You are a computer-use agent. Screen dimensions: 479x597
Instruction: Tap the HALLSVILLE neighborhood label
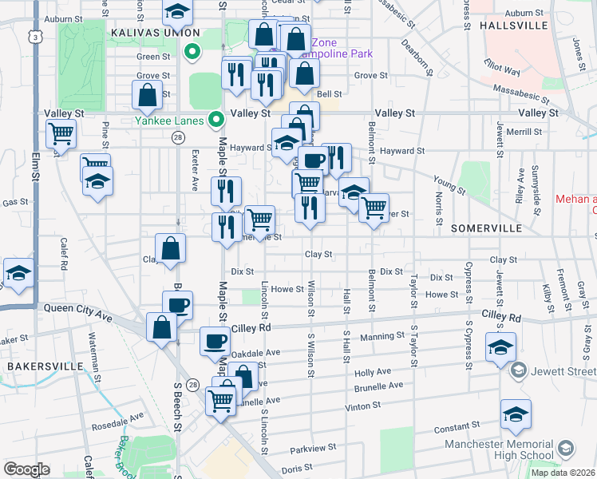click(x=514, y=26)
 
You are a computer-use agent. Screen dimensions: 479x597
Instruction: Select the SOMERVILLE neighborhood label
click(x=485, y=228)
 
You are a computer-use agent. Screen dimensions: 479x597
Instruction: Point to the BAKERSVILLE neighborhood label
click(x=45, y=366)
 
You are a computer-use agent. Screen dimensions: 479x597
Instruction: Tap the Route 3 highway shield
click(x=34, y=37)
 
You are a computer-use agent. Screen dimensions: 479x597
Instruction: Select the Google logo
click(x=26, y=469)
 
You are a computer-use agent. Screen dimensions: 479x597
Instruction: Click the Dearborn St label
click(x=417, y=57)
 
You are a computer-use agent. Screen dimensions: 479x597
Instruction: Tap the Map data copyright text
click(x=562, y=473)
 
